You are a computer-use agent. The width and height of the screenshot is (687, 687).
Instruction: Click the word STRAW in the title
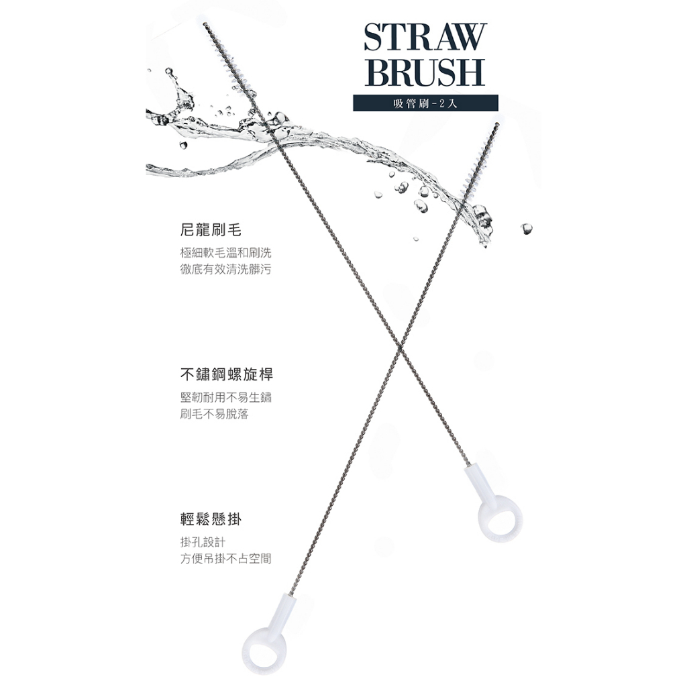pos(423,38)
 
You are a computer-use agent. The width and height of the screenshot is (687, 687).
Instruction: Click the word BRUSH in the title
pos(423,72)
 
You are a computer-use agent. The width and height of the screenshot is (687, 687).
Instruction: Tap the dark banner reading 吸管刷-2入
pos(426,103)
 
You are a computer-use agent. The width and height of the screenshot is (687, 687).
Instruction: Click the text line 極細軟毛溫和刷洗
pos(226,253)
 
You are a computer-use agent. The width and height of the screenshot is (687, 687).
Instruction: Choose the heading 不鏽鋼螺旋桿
pos(226,374)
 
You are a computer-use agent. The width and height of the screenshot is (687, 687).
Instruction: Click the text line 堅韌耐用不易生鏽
pos(226,397)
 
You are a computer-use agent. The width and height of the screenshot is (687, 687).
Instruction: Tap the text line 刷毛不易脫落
pos(215,415)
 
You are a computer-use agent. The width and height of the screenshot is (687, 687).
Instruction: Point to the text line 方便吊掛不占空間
pos(226,559)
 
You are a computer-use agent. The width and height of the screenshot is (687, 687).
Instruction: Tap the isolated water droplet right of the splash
pos(526,229)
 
